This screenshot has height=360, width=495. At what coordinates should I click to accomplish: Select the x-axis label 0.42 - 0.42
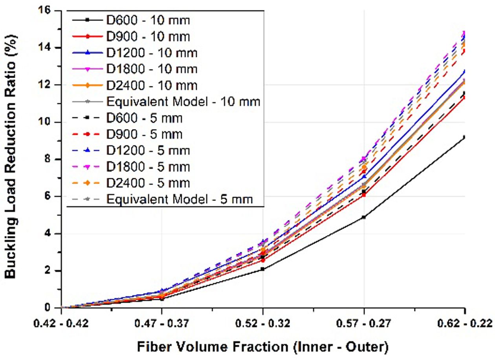[x=62, y=324]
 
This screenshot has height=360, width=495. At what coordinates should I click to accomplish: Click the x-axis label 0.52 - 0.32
[x=263, y=324]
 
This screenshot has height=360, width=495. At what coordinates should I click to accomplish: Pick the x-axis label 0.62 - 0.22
[x=465, y=324]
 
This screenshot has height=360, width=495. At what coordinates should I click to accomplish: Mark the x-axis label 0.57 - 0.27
[x=364, y=324]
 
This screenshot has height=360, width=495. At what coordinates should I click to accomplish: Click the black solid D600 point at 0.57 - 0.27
[x=364, y=217]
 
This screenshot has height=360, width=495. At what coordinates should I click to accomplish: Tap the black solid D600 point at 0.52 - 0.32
[x=263, y=269]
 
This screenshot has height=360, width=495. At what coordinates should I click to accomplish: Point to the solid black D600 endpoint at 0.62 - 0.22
[x=465, y=137]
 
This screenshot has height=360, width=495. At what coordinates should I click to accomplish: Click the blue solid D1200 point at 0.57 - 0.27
[x=364, y=176]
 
